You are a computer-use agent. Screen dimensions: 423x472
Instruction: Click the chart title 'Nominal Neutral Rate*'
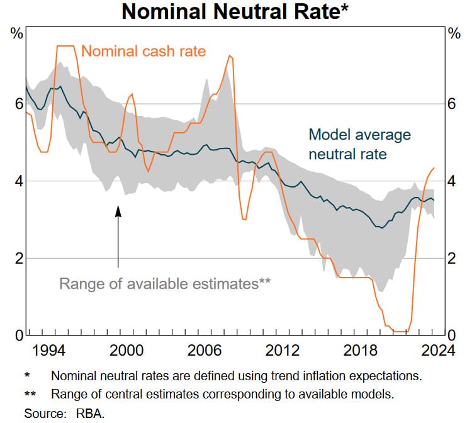tap(235, 12)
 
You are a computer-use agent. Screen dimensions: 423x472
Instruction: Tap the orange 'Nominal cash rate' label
tap(143, 51)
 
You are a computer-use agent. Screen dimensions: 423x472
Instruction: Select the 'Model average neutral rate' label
tap(359, 144)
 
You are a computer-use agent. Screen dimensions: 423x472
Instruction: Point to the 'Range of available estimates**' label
tap(165, 283)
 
